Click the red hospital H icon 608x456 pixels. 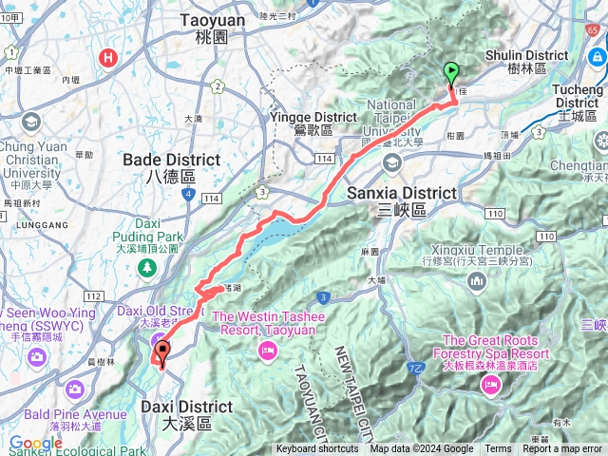click(109, 57)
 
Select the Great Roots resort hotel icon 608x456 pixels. click(490, 384)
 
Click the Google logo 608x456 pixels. click(35, 443)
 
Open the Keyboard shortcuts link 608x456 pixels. click(317, 449)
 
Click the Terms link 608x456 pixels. click(497, 449)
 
